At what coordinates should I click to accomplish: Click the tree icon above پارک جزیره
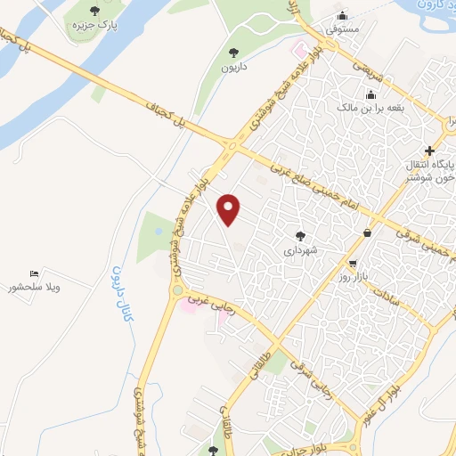95,11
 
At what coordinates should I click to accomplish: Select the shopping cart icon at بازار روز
354,265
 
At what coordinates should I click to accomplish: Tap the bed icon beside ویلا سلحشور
34,273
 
